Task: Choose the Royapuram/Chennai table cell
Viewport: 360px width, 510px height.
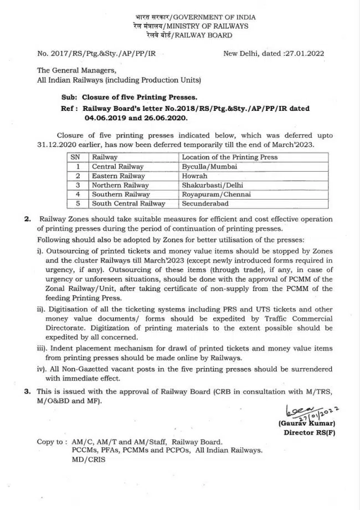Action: point(216,195)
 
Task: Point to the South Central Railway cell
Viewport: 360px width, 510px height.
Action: point(128,204)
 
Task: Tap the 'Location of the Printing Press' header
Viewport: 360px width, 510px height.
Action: point(230,157)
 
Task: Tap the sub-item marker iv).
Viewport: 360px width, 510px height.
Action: point(42,369)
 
